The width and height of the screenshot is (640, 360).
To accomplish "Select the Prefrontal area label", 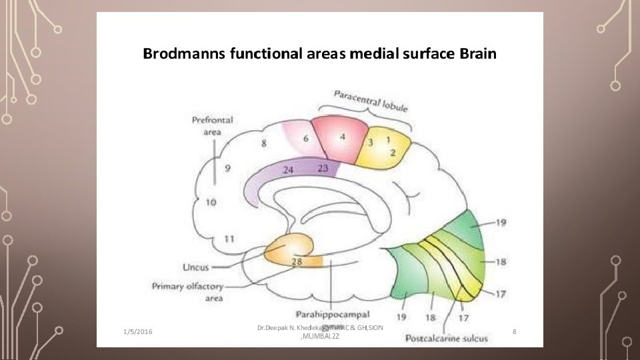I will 212,125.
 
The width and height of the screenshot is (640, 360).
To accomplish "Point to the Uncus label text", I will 195,267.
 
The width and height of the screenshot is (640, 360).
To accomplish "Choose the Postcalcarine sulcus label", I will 447,338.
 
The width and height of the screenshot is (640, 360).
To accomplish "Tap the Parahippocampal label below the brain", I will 332,313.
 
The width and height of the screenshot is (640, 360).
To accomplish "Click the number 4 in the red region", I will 342,137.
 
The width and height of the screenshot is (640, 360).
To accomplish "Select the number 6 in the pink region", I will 306,139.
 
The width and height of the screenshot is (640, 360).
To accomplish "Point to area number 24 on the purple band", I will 288,170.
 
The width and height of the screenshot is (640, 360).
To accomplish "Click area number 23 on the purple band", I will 323,168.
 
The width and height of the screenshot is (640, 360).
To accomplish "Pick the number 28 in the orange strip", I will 297,261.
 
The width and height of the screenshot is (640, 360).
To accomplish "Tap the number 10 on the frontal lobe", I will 211,202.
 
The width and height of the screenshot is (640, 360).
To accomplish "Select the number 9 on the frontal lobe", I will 228,169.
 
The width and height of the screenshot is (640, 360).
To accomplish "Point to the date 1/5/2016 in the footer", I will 137,331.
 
